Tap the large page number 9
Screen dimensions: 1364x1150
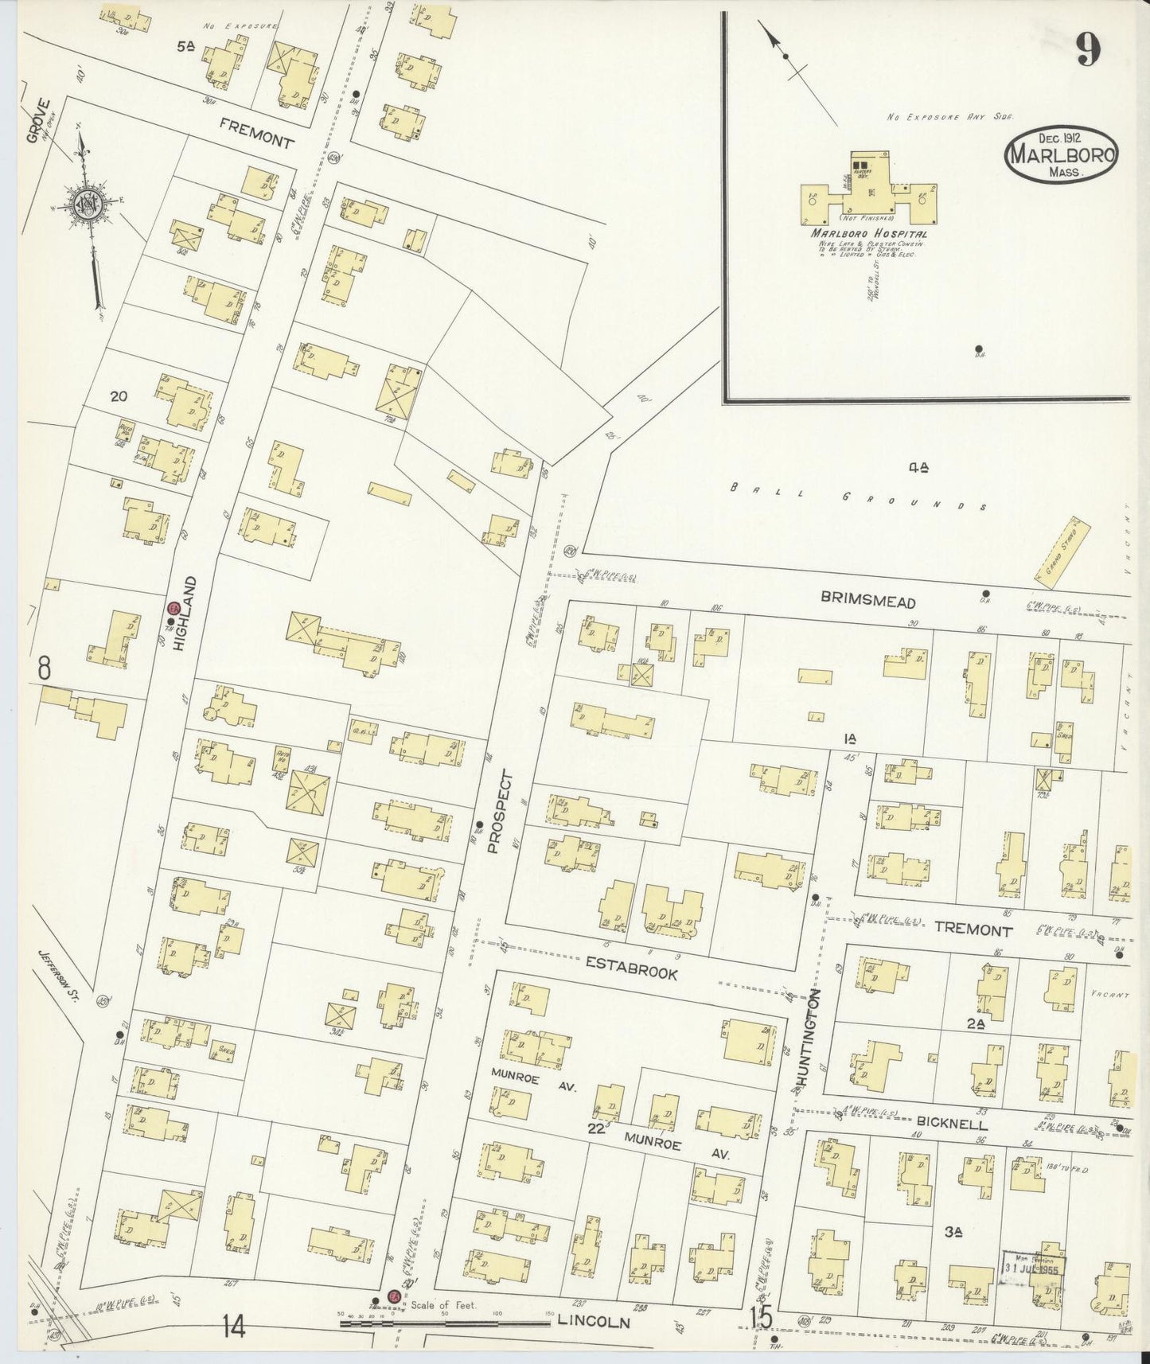point(1089,50)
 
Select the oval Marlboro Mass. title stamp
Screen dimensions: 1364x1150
point(1062,155)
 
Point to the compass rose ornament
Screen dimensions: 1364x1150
point(84,205)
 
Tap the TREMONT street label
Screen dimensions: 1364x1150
point(973,929)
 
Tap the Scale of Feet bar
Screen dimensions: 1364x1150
point(446,1323)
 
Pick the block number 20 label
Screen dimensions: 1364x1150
point(119,396)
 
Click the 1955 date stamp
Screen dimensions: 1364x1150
point(1032,1284)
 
